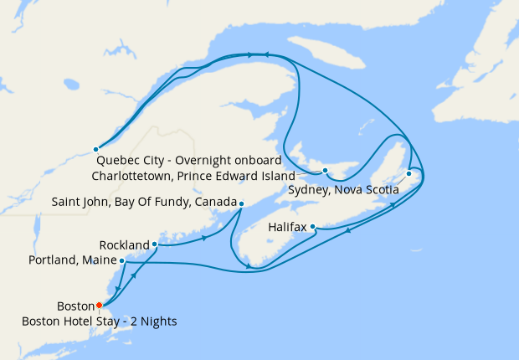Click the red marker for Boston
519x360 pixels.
point(99,305)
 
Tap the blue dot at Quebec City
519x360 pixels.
point(95,149)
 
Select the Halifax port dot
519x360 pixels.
point(312,227)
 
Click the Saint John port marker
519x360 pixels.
point(241,203)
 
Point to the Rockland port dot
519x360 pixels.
point(155,244)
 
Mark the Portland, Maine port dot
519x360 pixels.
point(122,261)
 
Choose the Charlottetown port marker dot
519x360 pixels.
point(325,172)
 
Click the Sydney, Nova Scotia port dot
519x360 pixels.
point(409,174)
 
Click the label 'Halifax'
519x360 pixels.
point(288,228)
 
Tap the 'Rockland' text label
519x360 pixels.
point(124,245)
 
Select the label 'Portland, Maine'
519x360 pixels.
point(73,262)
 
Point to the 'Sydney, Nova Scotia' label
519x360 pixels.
point(341,190)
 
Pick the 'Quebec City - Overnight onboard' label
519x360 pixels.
point(189,160)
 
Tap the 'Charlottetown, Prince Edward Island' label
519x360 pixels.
point(192,177)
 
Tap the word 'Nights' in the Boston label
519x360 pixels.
point(158,321)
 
